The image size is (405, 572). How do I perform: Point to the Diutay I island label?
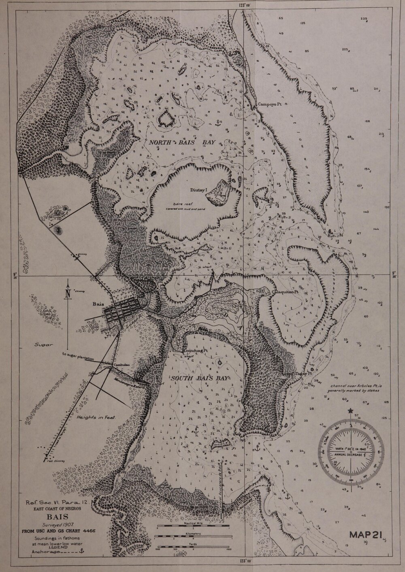click(198, 189)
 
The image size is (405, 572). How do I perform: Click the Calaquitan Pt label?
click(285, 291)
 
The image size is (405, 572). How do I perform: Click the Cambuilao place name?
click(121, 364)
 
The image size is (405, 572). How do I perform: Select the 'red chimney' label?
click(56, 461)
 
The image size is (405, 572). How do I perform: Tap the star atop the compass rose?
click(350, 411)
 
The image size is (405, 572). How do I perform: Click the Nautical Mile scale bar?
click(192, 527)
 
